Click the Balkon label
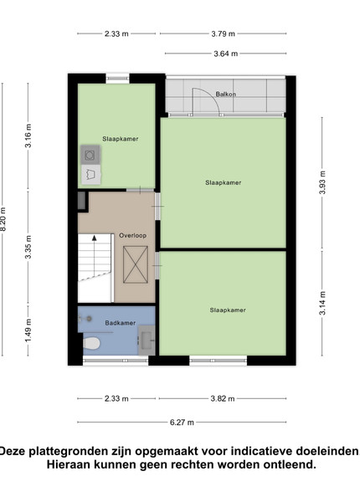pyautogui.click(x=226, y=94)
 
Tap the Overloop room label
pyautogui.click(x=132, y=236)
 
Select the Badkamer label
pyautogui.click(x=121, y=323)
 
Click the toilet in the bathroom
pyautogui.click(x=91, y=344)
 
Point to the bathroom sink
pyautogui.click(x=147, y=340)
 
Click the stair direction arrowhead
pyautogui.click(x=94, y=238)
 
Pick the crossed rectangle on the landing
pyautogui.click(x=136, y=264)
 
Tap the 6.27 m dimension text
pyautogui.click(x=182, y=423)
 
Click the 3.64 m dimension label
pyautogui.click(x=226, y=54)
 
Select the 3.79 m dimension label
pyautogui.click(x=223, y=33)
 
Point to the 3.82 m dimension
pyautogui.click(x=223, y=398)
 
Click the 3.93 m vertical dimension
pyautogui.click(x=322, y=182)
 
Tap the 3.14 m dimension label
pyautogui.click(x=322, y=303)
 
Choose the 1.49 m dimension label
pyautogui.click(x=28, y=330)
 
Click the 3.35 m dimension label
pyautogui.click(x=28, y=247)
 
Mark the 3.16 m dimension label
pyautogui.click(x=28, y=136)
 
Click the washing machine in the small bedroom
pyautogui.click(x=90, y=156)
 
